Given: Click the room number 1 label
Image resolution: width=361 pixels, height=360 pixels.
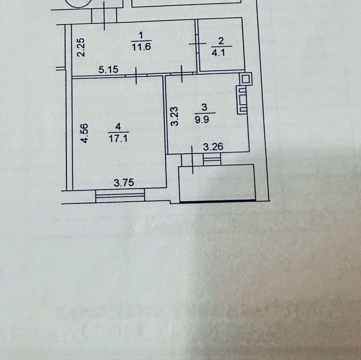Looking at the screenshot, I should [141, 35].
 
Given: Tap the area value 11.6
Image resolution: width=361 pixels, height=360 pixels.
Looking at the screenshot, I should [141, 46].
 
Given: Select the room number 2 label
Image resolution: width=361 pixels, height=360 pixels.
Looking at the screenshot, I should [221, 41].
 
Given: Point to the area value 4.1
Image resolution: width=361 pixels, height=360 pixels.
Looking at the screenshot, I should [221, 52].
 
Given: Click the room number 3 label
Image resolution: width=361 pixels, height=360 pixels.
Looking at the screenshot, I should [205, 107].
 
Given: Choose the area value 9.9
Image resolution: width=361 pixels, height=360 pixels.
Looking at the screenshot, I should [205, 119].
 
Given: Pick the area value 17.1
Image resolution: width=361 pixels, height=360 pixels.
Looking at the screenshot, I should [117, 138].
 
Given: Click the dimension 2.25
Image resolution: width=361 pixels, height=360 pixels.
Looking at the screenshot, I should [81, 47].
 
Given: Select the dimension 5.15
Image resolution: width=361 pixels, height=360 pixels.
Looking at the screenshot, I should [109, 69].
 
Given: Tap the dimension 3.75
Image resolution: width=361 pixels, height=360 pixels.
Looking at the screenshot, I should [124, 183].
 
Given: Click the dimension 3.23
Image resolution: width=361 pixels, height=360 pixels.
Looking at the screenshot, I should [175, 115].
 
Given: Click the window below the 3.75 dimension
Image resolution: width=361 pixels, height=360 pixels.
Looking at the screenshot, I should [120, 196].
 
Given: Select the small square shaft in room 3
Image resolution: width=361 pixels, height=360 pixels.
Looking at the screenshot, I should [246, 79].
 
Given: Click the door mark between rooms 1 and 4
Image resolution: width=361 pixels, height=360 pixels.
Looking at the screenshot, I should [136, 76].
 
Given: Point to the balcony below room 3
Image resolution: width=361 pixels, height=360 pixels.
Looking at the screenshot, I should [217, 183].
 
